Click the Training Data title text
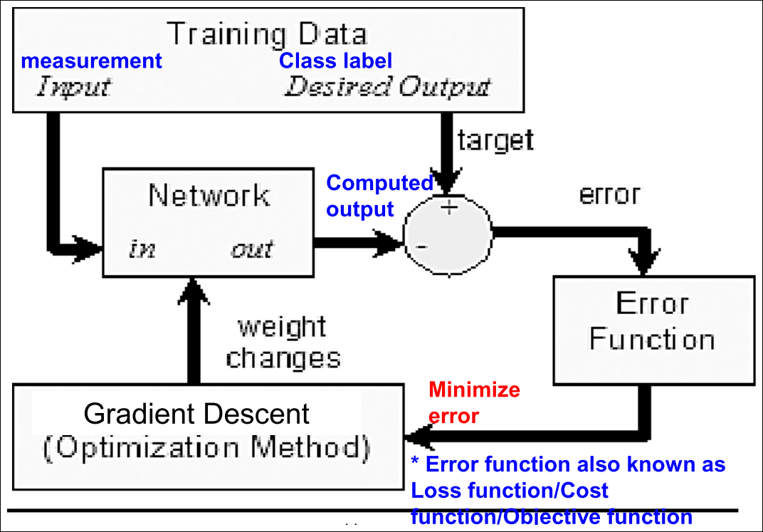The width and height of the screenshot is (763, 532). pyautogui.click(x=267, y=34)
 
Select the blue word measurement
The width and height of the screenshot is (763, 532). pyautogui.click(x=92, y=61)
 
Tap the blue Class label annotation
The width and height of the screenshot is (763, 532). pyautogui.click(x=335, y=61)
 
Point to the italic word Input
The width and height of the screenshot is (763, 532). pyautogui.click(x=74, y=87)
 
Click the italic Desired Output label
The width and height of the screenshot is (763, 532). pyautogui.click(x=387, y=87)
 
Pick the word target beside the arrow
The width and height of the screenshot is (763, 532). pyautogui.click(x=495, y=140)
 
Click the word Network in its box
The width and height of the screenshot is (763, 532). pyautogui.click(x=209, y=195)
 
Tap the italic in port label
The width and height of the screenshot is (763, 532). pyautogui.click(x=142, y=249)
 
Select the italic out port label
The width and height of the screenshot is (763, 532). pyautogui.click(x=252, y=249)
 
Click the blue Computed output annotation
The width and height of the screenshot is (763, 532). pyautogui.click(x=379, y=196)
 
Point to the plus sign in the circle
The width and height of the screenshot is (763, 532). pyautogui.click(x=449, y=208)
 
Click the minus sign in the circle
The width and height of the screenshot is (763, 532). pyautogui.click(x=421, y=247)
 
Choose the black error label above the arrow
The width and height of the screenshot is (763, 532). pyautogui.click(x=609, y=194)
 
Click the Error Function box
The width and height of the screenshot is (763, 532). pyautogui.click(x=654, y=330)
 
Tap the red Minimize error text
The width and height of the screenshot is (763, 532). pyautogui.click(x=474, y=402)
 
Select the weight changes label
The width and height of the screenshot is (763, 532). pyautogui.click(x=283, y=343)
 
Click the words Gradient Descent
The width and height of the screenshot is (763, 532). pyautogui.click(x=196, y=414)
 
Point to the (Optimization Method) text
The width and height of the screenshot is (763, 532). pyautogui.click(x=207, y=447)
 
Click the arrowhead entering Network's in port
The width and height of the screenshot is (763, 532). pyautogui.click(x=88, y=249)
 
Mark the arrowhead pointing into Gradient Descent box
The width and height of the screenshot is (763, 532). pyautogui.click(x=419, y=437)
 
